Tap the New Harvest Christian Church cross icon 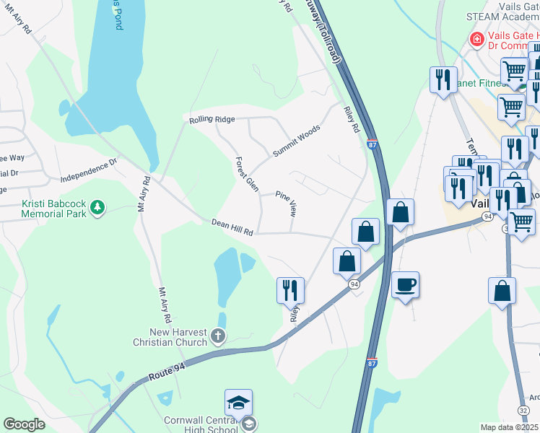(218, 336)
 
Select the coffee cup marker (405, 284)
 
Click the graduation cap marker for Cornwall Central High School (238, 402)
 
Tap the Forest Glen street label (246, 174)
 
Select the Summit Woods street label (296, 141)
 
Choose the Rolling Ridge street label (212, 119)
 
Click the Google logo (24, 424)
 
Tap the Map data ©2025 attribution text (509, 427)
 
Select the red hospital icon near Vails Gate (476, 38)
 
